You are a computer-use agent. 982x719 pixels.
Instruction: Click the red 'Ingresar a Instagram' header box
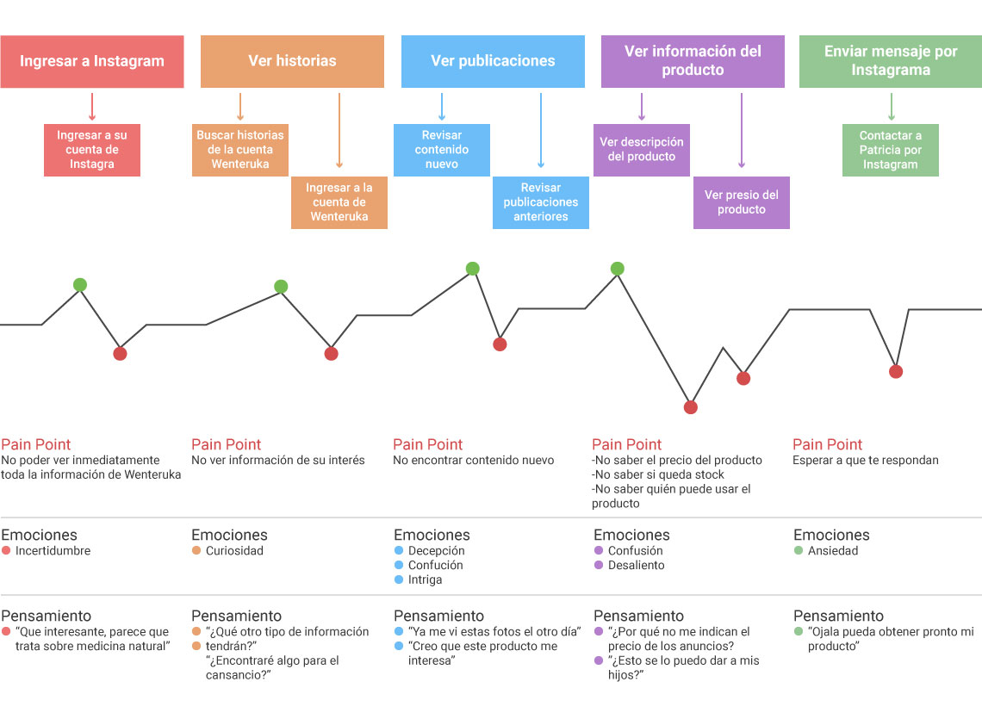(92, 61)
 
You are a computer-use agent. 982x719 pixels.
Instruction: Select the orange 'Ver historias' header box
(292, 61)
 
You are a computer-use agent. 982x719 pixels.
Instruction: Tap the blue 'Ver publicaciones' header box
(493, 61)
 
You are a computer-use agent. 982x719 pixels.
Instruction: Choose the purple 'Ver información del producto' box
(693, 61)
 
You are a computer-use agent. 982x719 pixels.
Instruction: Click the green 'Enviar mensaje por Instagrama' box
(891, 61)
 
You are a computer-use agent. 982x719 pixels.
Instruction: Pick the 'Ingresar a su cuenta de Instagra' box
(92, 150)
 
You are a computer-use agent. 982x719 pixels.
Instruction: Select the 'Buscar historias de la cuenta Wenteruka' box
(239, 150)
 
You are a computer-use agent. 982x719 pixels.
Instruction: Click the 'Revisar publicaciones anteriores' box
(540, 202)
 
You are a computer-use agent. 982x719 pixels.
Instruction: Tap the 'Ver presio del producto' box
(742, 202)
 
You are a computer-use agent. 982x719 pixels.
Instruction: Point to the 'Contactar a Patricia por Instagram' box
(891, 150)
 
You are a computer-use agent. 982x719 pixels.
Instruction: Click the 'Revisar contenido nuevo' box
(442, 150)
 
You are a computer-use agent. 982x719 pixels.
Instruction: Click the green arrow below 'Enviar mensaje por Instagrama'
(892, 107)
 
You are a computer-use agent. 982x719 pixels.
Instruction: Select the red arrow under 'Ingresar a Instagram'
(92, 107)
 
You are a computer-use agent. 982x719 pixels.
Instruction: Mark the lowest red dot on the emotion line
(691, 408)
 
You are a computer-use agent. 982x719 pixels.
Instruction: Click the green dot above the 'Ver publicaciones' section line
(473, 269)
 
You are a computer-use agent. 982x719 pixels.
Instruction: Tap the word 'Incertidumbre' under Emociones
(53, 551)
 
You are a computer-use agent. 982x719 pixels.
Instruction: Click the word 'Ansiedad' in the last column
(833, 551)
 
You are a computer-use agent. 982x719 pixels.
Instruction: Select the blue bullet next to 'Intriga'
(398, 580)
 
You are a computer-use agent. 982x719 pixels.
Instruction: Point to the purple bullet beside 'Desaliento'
(598, 565)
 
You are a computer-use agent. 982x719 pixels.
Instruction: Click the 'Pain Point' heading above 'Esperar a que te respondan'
(827, 444)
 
